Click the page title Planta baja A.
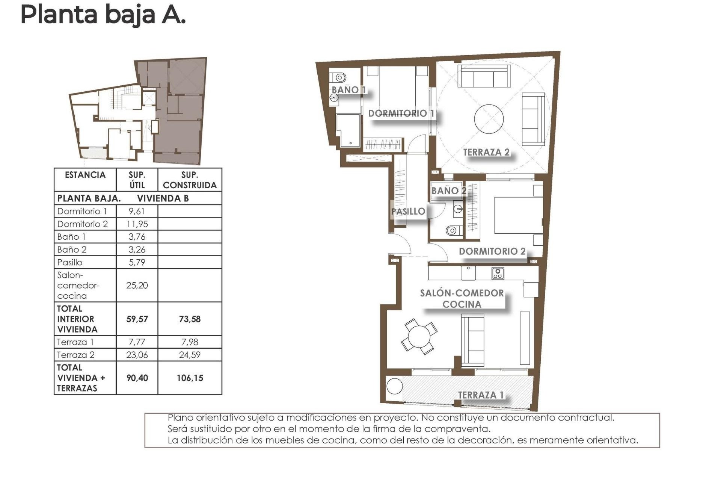103,15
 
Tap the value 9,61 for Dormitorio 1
137,211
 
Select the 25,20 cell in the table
137,285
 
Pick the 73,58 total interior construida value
190,319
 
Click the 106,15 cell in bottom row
190,378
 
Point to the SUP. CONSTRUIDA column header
190,180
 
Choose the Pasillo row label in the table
70,262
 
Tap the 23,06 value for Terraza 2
137,355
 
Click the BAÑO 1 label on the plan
348,90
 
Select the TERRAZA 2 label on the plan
486,152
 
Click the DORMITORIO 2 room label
492,251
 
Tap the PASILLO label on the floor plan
408,212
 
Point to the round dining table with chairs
419,336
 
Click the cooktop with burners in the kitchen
498,273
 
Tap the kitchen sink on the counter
468,273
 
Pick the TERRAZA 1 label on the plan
481,395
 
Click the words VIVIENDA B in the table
163,198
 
